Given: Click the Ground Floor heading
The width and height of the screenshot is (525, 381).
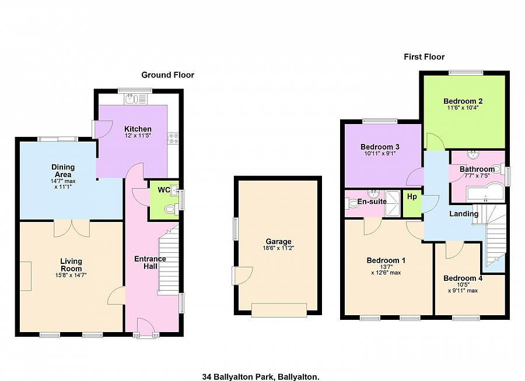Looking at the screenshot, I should point(167,75).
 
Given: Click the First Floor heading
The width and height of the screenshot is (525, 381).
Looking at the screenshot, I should point(424,57).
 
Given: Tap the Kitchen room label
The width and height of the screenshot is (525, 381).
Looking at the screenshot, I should point(138,129).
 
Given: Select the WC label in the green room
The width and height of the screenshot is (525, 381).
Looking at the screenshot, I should point(163,190).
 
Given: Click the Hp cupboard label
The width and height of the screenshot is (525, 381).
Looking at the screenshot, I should point(412,197).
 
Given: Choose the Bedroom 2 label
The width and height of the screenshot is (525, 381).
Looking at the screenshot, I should point(463,101).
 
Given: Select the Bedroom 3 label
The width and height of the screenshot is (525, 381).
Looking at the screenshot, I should point(380,147).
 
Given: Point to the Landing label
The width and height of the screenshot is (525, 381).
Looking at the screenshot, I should point(464,214).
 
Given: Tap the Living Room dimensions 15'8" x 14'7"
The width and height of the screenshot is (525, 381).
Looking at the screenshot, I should point(71,275).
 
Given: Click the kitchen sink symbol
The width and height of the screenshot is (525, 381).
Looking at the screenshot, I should point(131,98).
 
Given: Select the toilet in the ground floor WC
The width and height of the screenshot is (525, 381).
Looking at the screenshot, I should point(170,210).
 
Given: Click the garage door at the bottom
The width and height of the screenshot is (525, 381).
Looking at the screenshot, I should point(279,310).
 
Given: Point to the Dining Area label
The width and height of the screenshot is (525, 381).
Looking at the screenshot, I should point(62,171).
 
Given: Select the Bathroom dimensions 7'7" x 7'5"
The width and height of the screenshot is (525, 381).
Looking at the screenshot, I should point(477,176).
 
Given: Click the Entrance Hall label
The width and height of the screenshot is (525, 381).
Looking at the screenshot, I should point(150,263).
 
